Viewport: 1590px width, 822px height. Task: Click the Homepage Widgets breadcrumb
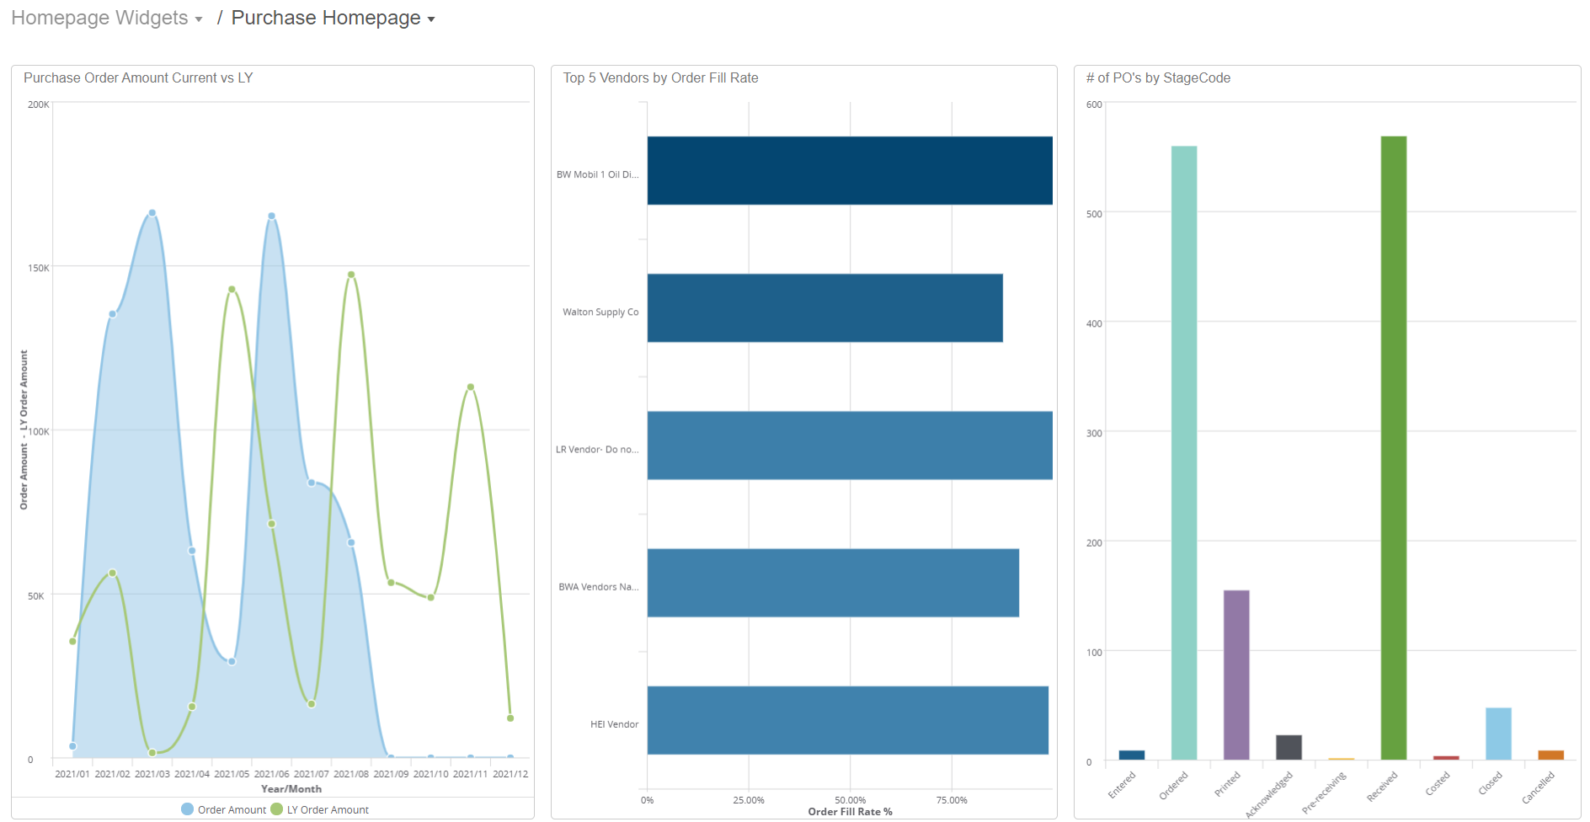pyautogui.click(x=99, y=18)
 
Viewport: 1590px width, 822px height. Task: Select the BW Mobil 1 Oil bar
pyautogui.click(x=849, y=170)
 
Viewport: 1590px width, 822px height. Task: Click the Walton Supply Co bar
pyautogui.click(x=824, y=307)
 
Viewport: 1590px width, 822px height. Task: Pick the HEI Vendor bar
pyautogui.click(x=847, y=720)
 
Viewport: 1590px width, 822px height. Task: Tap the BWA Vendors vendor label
pyautogui.click(x=598, y=587)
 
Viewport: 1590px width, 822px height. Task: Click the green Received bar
pyautogui.click(x=1393, y=447)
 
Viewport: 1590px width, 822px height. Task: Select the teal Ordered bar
pyautogui.click(x=1183, y=452)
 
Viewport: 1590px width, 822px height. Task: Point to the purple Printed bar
pyautogui.click(x=1235, y=675)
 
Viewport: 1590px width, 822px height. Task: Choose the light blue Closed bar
pyautogui.click(x=1497, y=734)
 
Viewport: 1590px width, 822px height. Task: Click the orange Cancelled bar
pyautogui.click(x=1550, y=755)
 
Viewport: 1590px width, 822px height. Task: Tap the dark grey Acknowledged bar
pyautogui.click(x=1289, y=747)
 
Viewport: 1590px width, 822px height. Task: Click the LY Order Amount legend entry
pyautogui.click(x=327, y=809)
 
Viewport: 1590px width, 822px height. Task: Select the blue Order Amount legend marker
pyautogui.click(x=188, y=809)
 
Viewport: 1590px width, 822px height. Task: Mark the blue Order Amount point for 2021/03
pyautogui.click(x=152, y=213)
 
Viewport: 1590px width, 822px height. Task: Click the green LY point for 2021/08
pyautogui.click(x=351, y=275)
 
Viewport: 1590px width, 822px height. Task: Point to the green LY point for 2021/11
pyautogui.click(x=470, y=387)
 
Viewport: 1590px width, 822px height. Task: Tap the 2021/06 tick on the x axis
pyautogui.click(x=271, y=774)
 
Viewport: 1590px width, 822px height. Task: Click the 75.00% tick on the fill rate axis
pyautogui.click(x=951, y=800)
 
